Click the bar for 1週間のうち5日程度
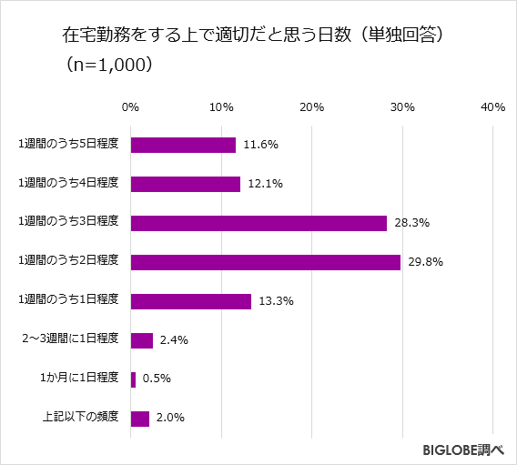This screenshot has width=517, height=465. coord(183,145)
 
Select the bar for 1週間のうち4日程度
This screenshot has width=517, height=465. coord(186,184)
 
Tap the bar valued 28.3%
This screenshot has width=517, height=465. coord(258,223)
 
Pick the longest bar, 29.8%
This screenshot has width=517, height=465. coord(266,262)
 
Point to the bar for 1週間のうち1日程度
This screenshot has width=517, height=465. coord(191,301)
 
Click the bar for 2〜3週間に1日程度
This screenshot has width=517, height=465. coord(142,340)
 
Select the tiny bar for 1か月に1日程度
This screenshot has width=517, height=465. coord(134,379)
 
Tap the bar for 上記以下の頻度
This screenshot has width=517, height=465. coord(140,419)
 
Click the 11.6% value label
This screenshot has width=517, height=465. coord(260,145)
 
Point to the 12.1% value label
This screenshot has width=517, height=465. coord(265,184)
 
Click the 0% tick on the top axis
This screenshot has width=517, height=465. coord(130,108)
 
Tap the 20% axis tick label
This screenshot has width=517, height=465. coord(311,108)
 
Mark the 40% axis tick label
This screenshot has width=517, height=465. coord(492,108)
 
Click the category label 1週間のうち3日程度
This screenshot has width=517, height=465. coord(69,223)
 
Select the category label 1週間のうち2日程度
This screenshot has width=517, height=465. coord(69,262)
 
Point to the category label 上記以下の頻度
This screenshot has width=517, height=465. coord(81,419)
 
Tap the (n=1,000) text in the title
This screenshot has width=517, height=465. coord(108,66)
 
